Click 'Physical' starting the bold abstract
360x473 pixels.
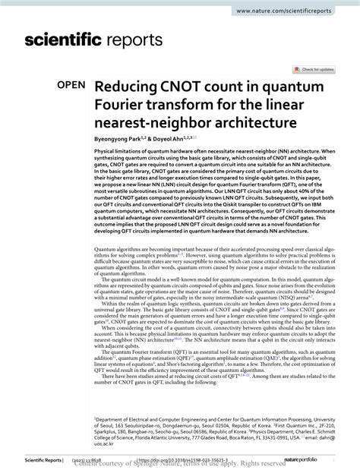[106, 150]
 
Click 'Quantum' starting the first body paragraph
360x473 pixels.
[107, 249]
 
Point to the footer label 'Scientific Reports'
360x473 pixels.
[27, 459]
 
